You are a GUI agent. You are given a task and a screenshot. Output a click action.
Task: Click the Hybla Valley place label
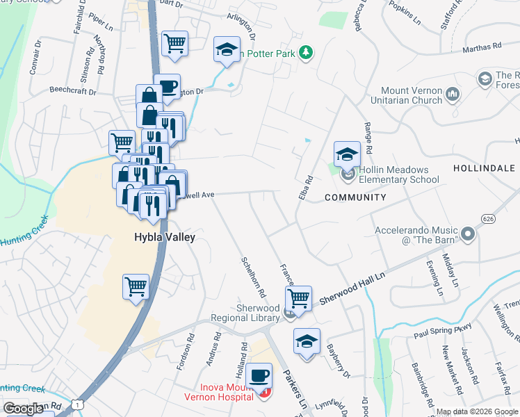pyautogui.click(x=164, y=237)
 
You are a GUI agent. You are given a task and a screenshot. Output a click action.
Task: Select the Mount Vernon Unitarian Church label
pyautogui.click(x=412, y=95)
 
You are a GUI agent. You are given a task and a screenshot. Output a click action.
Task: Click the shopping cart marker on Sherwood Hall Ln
pyautogui.click(x=299, y=298)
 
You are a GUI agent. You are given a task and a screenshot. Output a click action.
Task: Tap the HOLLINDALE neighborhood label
pyautogui.click(x=484, y=168)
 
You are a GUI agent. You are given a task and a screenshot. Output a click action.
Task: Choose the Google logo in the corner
pyautogui.click(x=23, y=409)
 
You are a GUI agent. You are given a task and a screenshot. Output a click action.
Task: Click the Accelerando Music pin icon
pyautogui.click(x=467, y=235)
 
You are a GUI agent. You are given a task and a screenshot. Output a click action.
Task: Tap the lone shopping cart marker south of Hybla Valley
pyautogui.click(x=136, y=286)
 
